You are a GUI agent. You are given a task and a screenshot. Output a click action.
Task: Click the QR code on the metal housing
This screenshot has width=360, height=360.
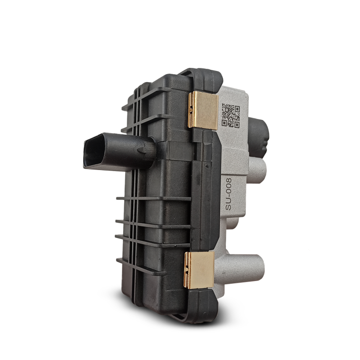pyautogui.click(x=230, y=116)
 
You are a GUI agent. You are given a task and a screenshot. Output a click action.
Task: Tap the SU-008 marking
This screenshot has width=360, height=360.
pyautogui.click(x=229, y=194)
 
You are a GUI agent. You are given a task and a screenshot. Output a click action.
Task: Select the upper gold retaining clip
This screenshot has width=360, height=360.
pyautogui.click(x=203, y=110)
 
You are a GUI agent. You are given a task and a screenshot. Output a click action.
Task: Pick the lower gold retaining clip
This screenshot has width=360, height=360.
pyautogui.click(x=199, y=270)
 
